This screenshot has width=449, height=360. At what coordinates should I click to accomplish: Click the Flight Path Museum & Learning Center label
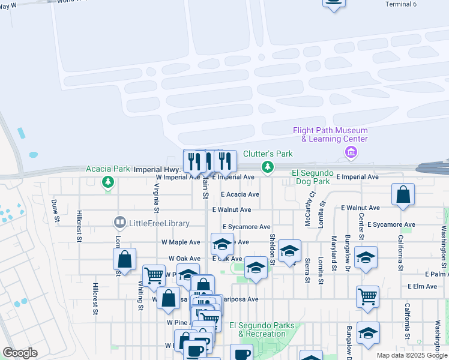point(330,135)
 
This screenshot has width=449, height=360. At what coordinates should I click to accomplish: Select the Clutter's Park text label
point(268,154)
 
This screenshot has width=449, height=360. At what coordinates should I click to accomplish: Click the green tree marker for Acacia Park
point(108,181)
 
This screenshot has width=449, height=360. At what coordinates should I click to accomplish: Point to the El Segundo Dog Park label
point(311,177)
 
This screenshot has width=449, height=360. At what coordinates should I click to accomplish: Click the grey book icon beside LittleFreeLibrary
point(120,223)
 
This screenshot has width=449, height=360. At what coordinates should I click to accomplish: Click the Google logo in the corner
point(19,353)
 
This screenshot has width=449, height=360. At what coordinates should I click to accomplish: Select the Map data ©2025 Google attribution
point(412,355)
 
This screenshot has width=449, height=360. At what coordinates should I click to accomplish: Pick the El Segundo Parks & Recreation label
point(267,329)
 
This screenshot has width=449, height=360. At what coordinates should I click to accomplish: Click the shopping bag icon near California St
point(403,194)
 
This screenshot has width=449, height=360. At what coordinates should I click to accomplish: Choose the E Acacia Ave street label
point(240,194)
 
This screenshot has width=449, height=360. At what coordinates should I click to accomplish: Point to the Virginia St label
point(156,195)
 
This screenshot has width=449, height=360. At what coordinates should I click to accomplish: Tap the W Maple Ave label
point(181,242)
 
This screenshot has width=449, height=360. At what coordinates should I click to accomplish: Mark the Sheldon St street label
point(273,249)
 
